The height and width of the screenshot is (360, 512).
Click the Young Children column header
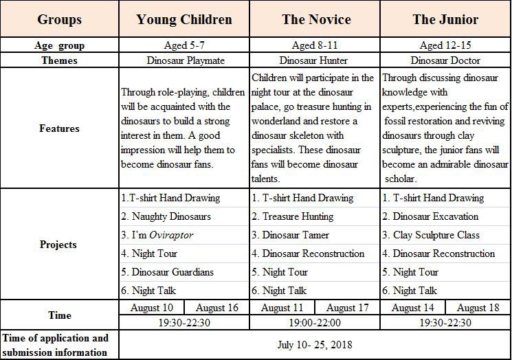click(x=184, y=19)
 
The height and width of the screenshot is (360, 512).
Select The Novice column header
click(x=316, y=19)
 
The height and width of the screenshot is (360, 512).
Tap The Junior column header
click(x=445, y=19)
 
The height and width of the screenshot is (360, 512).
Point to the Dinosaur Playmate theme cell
click(x=184, y=60)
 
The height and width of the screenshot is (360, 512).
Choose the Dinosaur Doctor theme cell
click(x=445, y=60)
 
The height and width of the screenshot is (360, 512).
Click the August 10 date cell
click(x=153, y=308)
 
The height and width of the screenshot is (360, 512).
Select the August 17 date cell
click(x=347, y=308)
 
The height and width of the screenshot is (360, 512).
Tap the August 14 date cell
click(x=412, y=308)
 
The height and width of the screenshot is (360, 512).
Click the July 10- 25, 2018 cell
click(x=315, y=344)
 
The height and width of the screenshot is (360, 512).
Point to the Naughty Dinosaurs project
click(x=166, y=216)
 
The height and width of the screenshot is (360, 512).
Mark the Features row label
click(x=59, y=128)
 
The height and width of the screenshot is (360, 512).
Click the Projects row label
click(x=59, y=245)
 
